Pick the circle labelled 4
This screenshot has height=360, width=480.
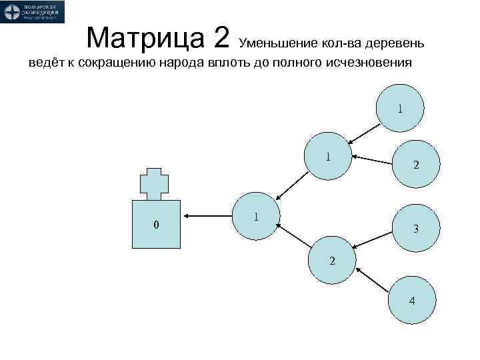tap(412, 299)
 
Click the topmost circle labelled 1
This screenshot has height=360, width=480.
tap(400, 108)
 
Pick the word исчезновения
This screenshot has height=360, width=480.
tap(367, 64)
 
